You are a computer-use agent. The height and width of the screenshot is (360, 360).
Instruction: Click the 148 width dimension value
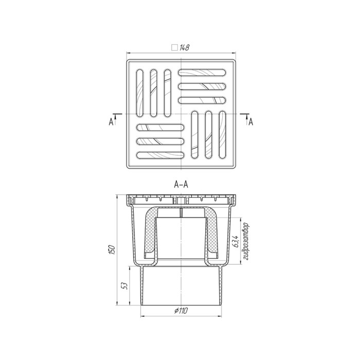185,48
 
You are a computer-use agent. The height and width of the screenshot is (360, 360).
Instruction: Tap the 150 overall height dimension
112,249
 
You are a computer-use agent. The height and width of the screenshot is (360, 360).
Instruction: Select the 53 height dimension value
124,286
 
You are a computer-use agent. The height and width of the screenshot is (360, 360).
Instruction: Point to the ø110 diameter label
181,311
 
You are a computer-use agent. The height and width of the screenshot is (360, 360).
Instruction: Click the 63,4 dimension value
236,240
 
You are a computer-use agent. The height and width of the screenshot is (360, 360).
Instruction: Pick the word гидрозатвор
246,241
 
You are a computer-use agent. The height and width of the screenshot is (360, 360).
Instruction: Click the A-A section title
181,184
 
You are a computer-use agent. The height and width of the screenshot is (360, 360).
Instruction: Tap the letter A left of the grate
111,122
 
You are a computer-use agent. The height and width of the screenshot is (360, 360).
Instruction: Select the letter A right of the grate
251,122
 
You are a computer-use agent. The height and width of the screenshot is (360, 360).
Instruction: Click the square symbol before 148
175,47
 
